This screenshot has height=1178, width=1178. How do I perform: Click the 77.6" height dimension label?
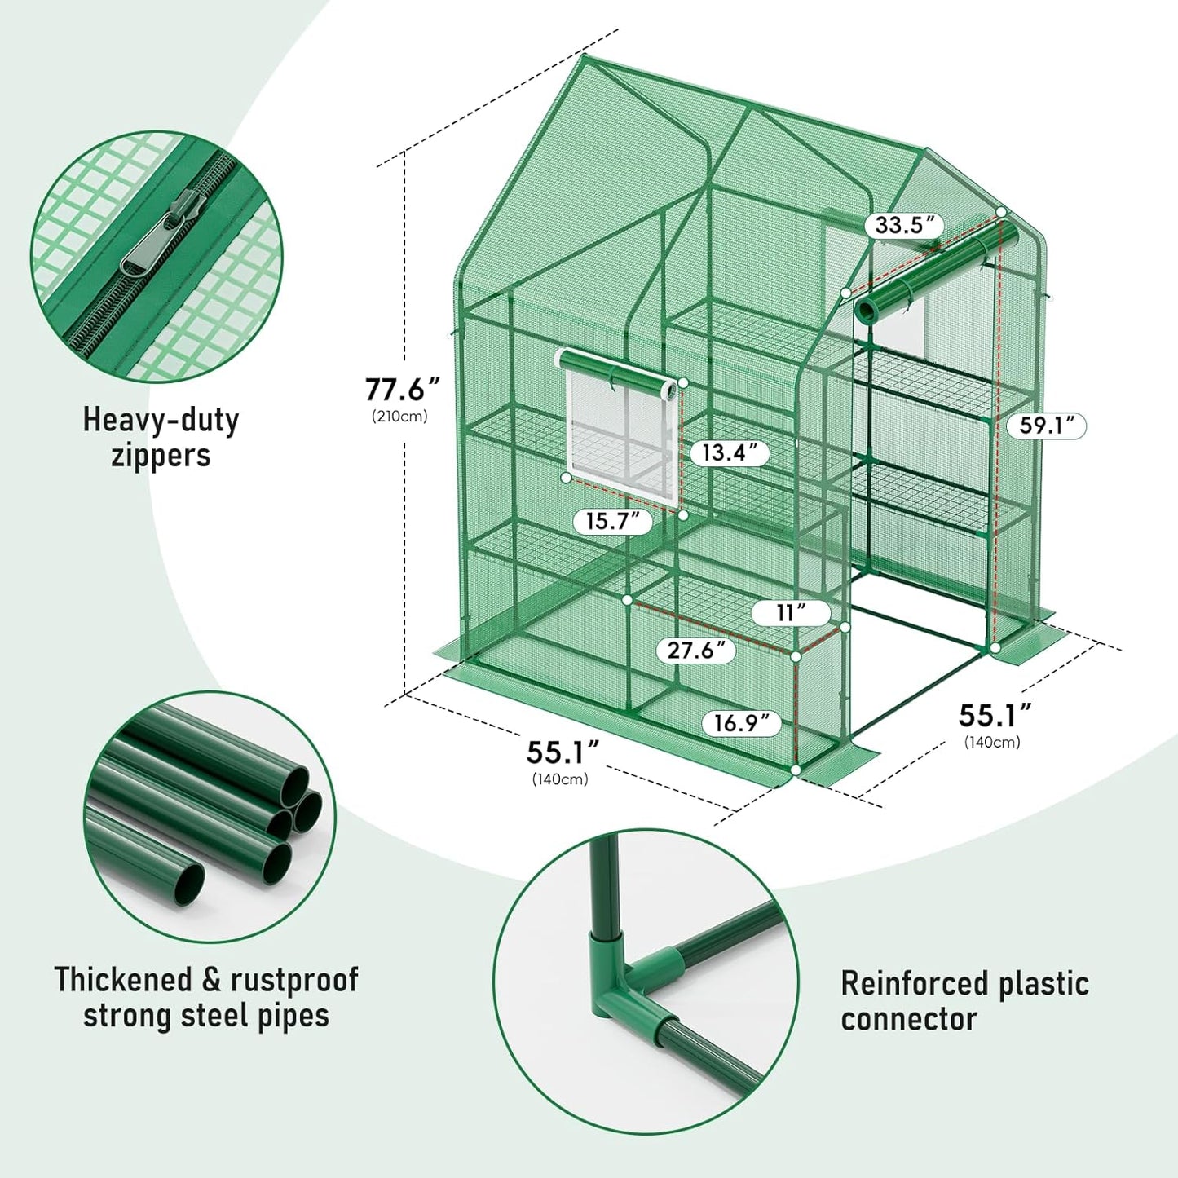[x=402, y=390]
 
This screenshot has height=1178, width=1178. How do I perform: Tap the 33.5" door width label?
[x=904, y=225]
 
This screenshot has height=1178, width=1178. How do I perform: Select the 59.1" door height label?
[x=1046, y=426]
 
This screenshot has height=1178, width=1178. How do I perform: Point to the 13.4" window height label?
[x=730, y=453]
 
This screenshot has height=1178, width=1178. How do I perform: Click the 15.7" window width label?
[x=613, y=521]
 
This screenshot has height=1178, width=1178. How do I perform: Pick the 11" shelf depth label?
[x=791, y=612]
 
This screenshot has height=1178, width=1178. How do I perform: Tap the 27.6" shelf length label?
[x=695, y=650]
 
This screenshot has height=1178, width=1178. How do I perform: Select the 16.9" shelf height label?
[x=741, y=723]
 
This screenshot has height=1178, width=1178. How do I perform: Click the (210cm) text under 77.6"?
[x=400, y=417]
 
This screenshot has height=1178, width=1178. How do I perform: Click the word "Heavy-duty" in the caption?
[x=161, y=420]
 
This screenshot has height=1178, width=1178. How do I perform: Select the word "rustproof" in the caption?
[x=294, y=979]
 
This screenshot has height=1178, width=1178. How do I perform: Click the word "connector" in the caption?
[x=908, y=1019]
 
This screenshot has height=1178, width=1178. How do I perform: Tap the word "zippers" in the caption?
[x=161, y=456]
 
